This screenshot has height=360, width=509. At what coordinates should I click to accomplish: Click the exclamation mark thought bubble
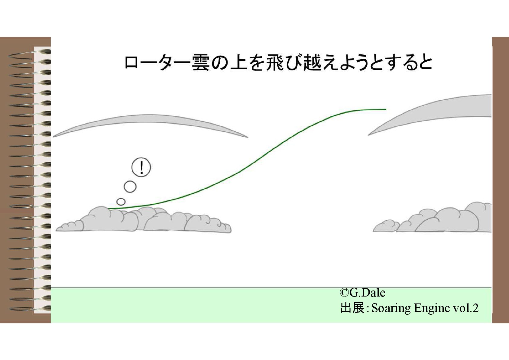pos(141,167)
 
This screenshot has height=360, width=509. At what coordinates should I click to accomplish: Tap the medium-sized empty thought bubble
pos(130,187)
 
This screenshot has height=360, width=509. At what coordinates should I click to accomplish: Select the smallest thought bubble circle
pos(121,202)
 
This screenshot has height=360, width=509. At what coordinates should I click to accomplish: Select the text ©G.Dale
pos(362,293)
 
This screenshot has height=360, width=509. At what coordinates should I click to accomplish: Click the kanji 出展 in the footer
pos(352,308)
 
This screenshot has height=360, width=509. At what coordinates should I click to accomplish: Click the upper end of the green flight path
pos(385,109)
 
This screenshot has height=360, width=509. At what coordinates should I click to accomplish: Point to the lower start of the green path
pos(109,209)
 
